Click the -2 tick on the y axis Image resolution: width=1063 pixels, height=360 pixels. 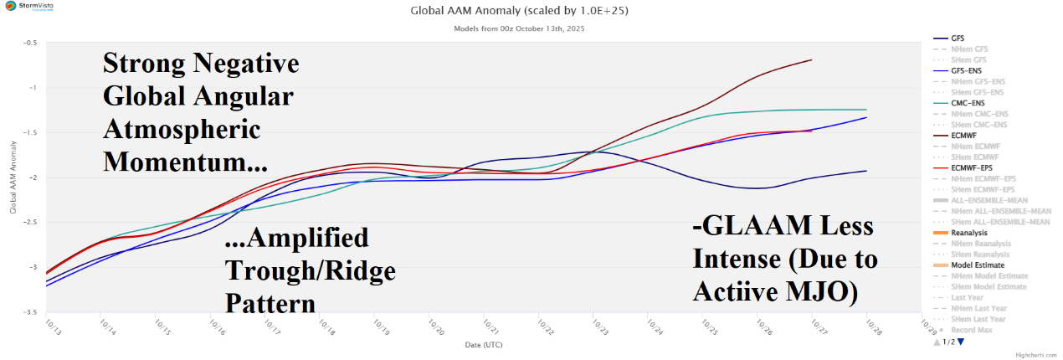point(31,177)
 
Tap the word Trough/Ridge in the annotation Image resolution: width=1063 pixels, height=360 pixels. point(311,270)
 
